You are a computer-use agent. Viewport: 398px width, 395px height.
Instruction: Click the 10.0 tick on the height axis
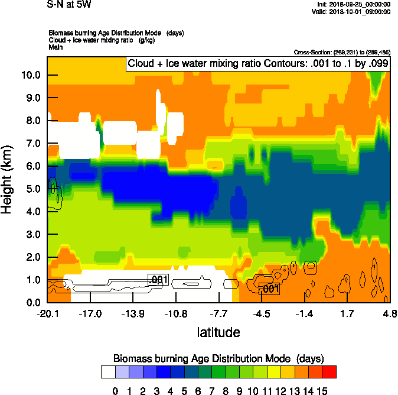(x=31, y=75)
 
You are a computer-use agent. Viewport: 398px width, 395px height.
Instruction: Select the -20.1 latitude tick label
(x=47, y=313)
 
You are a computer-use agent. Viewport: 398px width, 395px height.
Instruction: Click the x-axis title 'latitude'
(x=218, y=332)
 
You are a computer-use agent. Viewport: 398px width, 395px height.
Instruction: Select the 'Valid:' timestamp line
(x=352, y=11)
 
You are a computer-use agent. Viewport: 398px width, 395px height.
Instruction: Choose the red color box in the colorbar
(x=330, y=372)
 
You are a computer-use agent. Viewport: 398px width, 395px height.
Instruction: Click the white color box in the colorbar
(x=108, y=372)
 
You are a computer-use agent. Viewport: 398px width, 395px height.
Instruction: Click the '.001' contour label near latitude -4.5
(x=269, y=289)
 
